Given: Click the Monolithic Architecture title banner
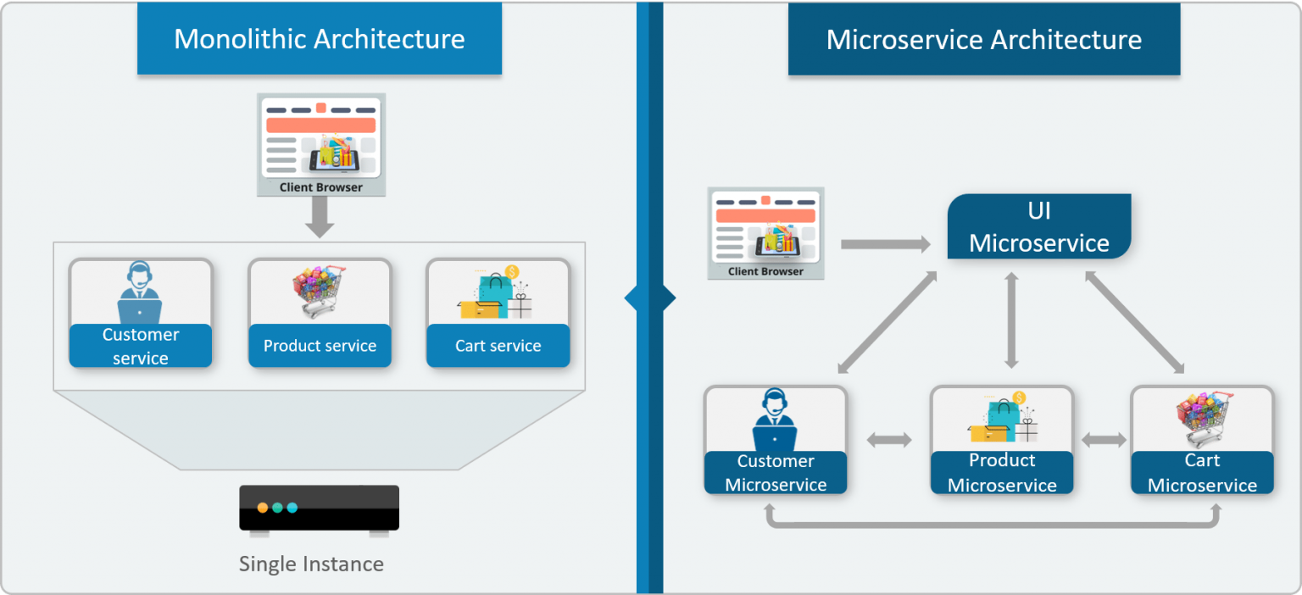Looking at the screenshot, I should click(x=320, y=39).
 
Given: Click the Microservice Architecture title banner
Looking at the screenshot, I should click(x=983, y=39).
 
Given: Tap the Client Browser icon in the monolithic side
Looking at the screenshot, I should click(x=321, y=144).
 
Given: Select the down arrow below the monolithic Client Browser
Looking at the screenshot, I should click(x=320, y=218).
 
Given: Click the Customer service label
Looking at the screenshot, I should click(x=141, y=346).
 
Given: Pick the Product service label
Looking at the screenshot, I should click(x=320, y=346).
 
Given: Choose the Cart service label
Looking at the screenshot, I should click(x=498, y=346).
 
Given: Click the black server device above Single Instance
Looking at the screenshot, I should click(x=319, y=509).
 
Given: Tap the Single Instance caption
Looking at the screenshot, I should click(x=311, y=564).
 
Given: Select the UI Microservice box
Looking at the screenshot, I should click(x=1039, y=226).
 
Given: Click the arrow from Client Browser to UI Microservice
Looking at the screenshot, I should click(x=885, y=244).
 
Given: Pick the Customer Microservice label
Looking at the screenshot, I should click(x=776, y=473).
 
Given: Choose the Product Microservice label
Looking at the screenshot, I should click(x=1002, y=473).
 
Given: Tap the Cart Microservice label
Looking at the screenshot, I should click(x=1202, y=473).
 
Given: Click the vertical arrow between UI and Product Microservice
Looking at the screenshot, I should click(x=1010, y=320).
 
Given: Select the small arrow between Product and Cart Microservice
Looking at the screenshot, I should click(x=1104, y=440).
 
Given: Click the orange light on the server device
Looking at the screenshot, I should click(x=263, y=508).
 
